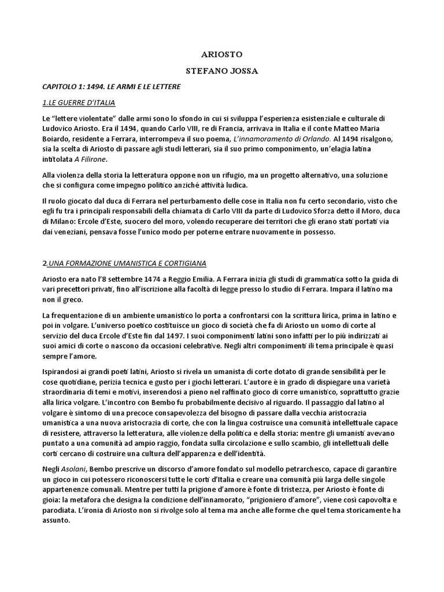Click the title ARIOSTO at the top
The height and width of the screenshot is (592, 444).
222,54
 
